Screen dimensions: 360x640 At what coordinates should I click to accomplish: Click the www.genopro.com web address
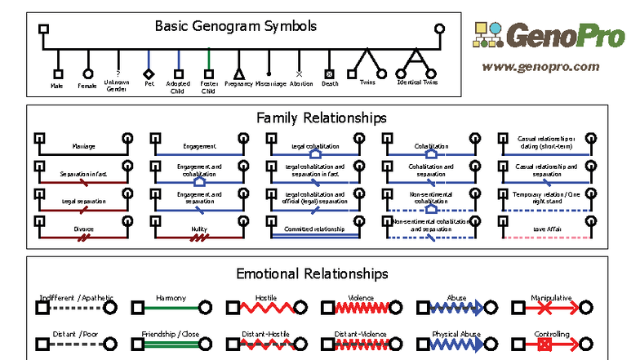(540, 67)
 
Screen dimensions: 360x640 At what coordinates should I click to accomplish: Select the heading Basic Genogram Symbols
(236, 25)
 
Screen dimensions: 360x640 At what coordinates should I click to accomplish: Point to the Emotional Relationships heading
(312, 273)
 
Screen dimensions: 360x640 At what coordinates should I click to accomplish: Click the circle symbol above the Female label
(87, 73)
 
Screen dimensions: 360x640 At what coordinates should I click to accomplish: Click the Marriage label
(83, 147)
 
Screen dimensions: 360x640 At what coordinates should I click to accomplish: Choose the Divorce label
(83, 230)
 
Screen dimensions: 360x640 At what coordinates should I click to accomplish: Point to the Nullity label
(200, 230)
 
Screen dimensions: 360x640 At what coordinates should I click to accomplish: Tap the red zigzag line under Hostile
(265, 308)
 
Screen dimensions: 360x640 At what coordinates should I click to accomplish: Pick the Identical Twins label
(417, 82)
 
